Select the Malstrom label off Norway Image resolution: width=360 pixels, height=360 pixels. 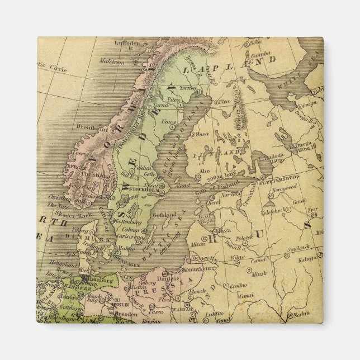point(112,63)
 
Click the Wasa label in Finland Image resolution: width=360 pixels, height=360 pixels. point(202,134)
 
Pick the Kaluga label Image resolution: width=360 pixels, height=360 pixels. point(306,259)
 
